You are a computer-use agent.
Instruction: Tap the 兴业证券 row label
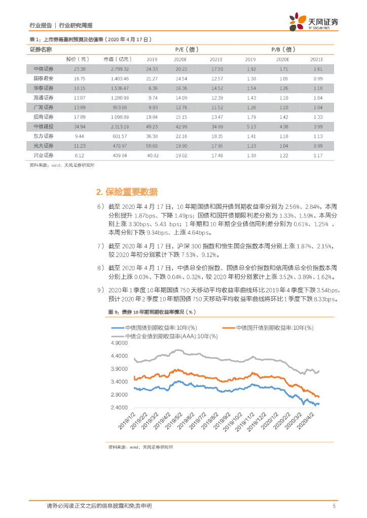click(41, 155)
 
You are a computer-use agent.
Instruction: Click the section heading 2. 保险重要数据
click(127, 192)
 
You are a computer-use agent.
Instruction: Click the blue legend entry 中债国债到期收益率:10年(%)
click(163, 328)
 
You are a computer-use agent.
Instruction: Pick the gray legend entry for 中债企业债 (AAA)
click(167, 336)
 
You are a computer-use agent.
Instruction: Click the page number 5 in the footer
click(334, 506)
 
